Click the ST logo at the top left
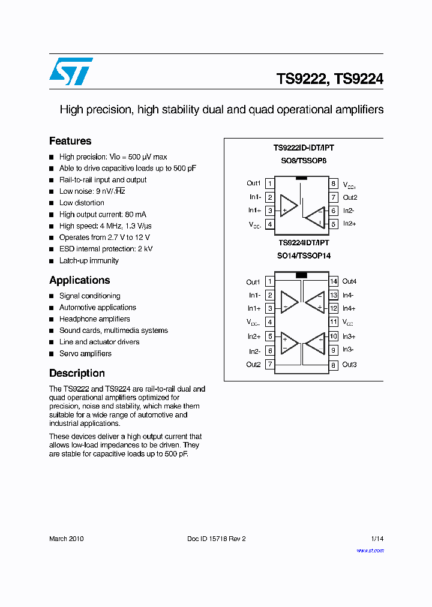(71, 71)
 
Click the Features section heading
(70, 141)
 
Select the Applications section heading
(80, 280)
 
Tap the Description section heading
(77, 373)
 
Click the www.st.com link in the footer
(370, 550)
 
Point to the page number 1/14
(377, 539)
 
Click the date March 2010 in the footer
(66, 539)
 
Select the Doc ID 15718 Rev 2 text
(217, 539)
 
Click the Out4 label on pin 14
(349, 281)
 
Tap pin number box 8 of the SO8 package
(334, 184)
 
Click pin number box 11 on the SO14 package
(334, 322)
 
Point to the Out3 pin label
(349, 365)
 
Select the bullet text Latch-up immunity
(89, 261)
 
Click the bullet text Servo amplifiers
(85, 354)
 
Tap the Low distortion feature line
(82, 203)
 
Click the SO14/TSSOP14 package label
(304, 256)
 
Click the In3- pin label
(348, 350)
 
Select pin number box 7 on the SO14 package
(270, 365)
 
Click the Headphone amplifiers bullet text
(94, 319)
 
